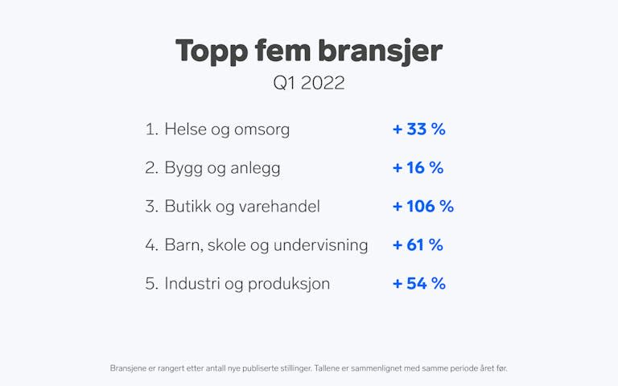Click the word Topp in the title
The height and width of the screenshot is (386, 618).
[212, 51]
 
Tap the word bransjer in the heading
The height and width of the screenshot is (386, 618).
[380, 51]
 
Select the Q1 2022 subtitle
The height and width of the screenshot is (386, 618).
[309, 83]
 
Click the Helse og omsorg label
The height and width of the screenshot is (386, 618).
[227, 129]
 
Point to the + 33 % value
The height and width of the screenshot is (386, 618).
[419, 129]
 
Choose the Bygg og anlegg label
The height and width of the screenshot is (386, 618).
[222, 168]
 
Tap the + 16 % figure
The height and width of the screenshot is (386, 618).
[418, 168]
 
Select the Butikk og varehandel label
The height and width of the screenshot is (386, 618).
[242, 207]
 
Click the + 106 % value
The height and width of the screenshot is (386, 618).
[423, 207]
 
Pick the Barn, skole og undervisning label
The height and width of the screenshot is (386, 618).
[266, 245]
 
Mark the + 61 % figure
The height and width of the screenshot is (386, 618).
[418, 245]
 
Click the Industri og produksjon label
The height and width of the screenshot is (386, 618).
[247, 284]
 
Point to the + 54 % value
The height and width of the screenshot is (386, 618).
[419, 284]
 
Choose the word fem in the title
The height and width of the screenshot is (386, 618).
[283, 51]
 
